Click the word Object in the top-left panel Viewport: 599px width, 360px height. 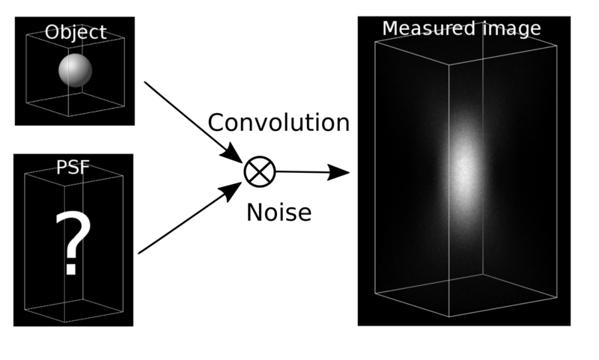[75, 33]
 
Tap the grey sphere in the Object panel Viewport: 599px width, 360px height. [75, 70]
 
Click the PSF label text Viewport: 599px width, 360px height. [73, 167]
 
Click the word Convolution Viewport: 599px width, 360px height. [279, 123]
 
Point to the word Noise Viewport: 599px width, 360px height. [279, 213]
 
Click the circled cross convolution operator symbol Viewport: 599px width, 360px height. [259, 171]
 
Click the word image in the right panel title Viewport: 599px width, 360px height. [512, 29]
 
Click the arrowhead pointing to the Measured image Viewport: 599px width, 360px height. [340, 173]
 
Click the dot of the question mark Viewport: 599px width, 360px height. [70, 270]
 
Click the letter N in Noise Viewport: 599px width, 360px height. [255, 213]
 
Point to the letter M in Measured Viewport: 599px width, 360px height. [390, 28]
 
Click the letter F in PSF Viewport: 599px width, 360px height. [83, 167]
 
